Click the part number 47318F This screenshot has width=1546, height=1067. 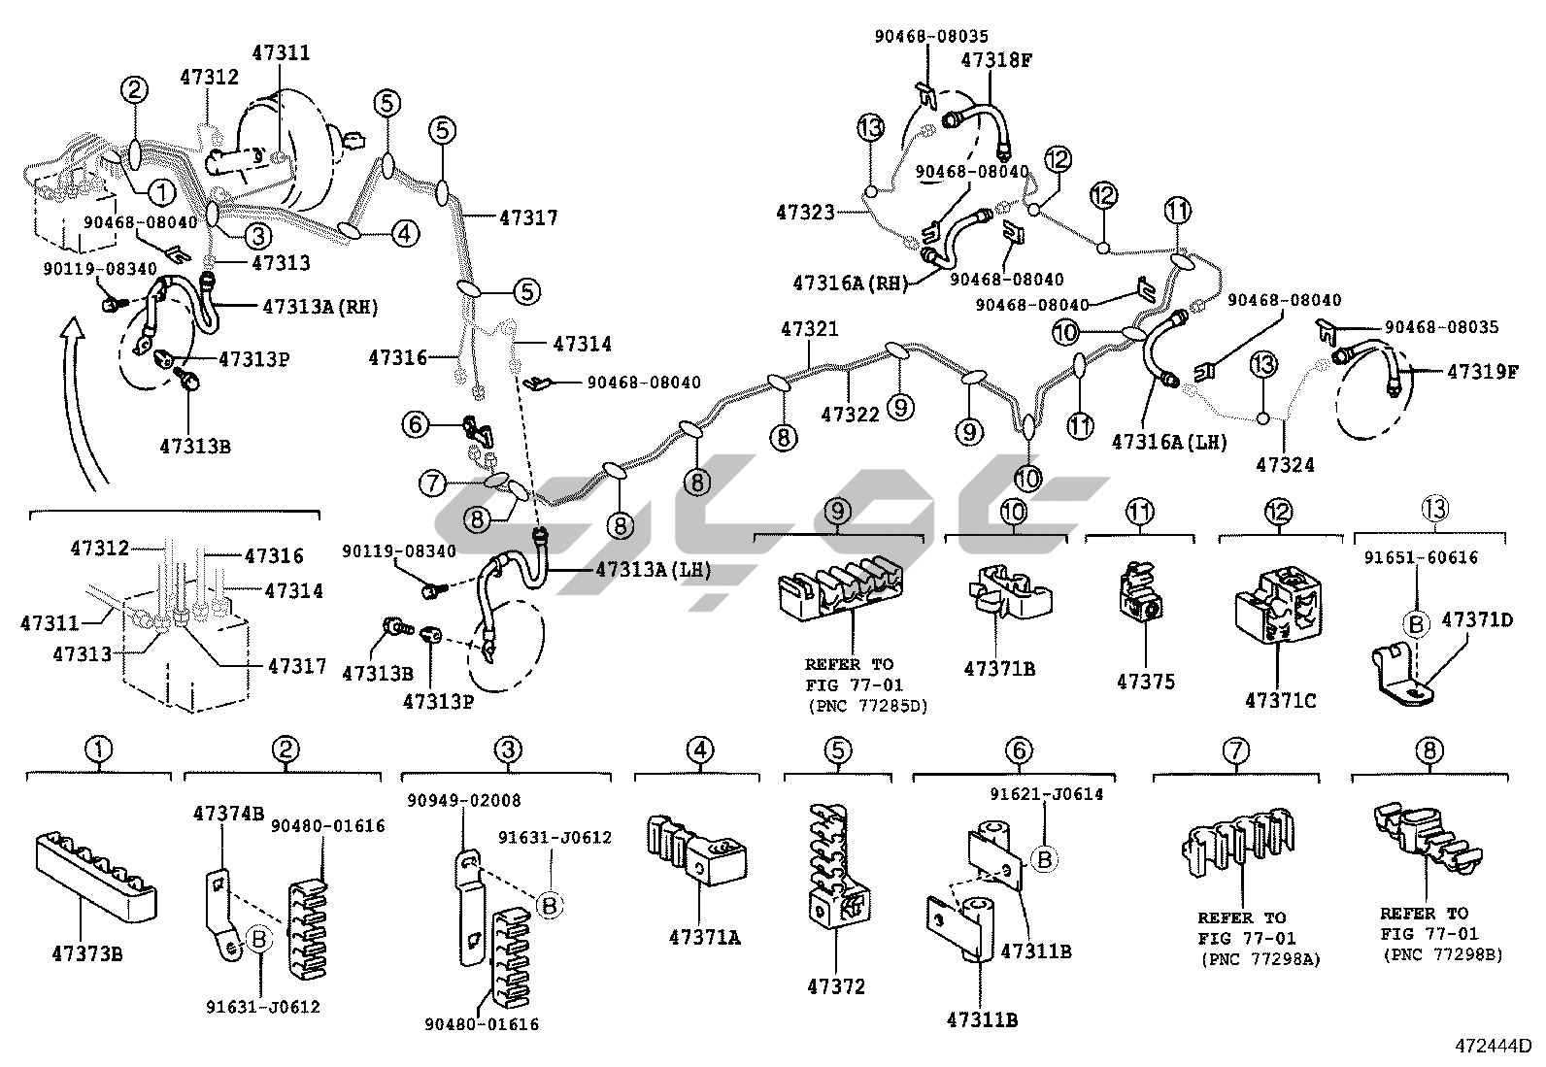996,59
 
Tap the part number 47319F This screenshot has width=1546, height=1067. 1483,372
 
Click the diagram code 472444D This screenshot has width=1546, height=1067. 1492,1047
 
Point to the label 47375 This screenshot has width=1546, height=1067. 1146,683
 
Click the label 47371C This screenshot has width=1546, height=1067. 1281,699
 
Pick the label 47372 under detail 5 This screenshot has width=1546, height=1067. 836,987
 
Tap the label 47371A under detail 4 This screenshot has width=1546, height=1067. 704,937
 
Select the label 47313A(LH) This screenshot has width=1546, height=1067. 649,570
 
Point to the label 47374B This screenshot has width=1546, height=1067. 228,813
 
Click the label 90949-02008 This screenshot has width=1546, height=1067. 464,801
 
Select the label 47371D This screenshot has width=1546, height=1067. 1477,618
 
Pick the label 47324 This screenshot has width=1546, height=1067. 1285,465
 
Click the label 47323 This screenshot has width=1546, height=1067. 805,211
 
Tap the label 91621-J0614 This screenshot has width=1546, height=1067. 1047,794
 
